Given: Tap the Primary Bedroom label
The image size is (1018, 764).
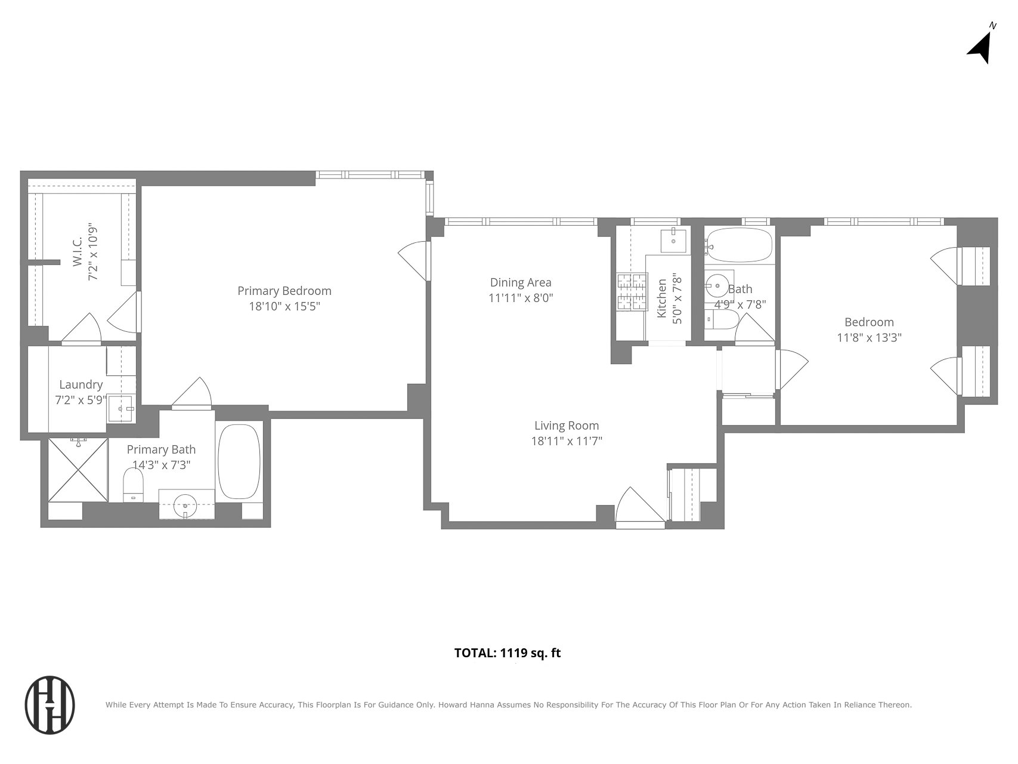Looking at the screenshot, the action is tap(284, 291).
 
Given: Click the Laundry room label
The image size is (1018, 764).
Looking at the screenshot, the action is tap(81, 385).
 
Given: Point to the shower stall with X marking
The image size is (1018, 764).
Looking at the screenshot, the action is tap(78, 470).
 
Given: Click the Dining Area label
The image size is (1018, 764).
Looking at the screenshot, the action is tap(521, 282).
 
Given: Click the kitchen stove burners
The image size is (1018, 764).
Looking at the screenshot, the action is tap(632, 292).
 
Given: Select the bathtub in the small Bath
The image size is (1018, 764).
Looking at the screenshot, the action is tap(738, 245).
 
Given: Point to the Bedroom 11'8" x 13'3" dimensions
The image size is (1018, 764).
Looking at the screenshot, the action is tap(869, 338).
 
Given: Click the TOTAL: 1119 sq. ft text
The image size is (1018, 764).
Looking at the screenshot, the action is tap(508, 653).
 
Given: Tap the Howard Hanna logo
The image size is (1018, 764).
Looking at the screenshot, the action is tap(50, 705).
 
